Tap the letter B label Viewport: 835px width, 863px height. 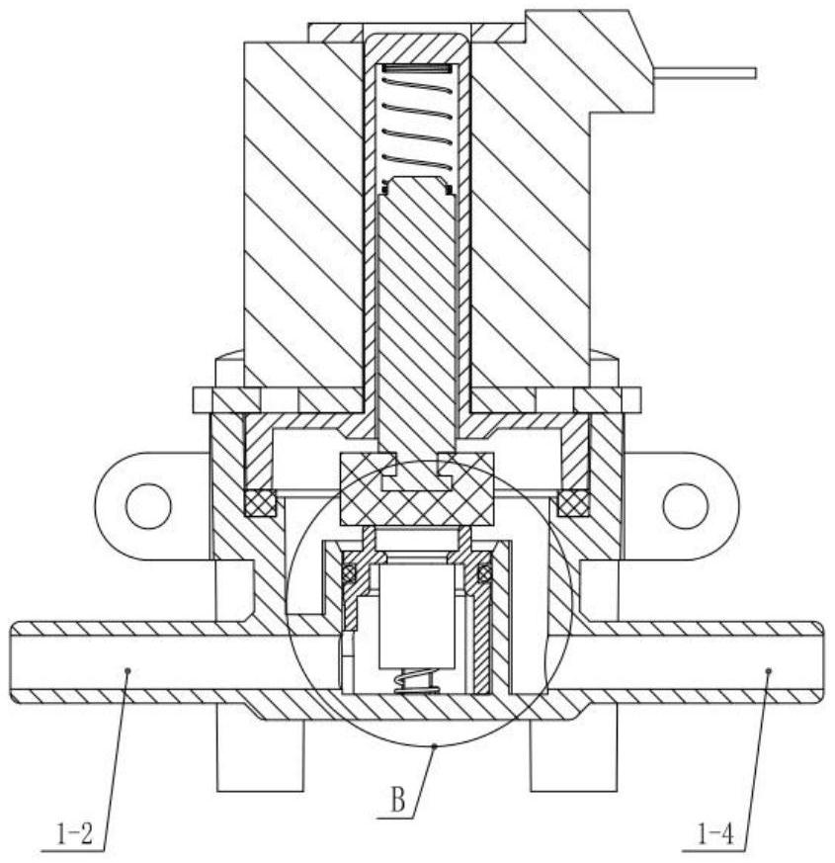[x=397, y=802]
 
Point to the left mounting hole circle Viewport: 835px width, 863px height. [x=148, y=506]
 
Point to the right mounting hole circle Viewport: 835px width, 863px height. [x=686, y=506]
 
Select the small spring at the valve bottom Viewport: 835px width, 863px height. [x=416, y=680]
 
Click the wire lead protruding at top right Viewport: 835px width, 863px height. [x=706, y=72]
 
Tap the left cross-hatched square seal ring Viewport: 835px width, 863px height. [x=260, y=503]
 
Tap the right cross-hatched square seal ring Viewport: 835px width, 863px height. [x=574, y=503]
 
